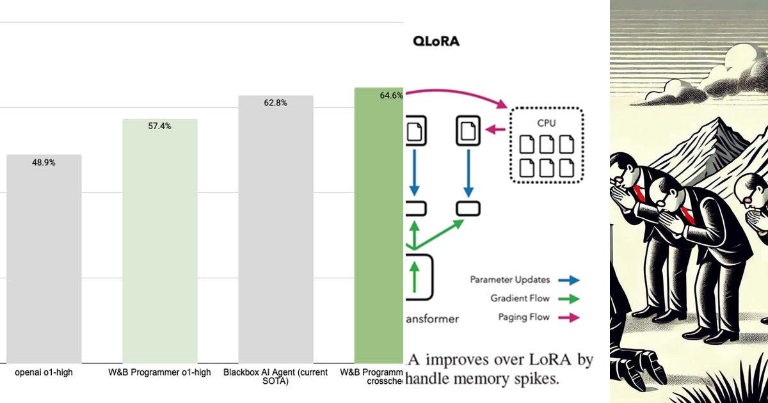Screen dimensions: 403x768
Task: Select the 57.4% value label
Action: pos(159,126)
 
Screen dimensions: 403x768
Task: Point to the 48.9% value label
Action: pos(44,162)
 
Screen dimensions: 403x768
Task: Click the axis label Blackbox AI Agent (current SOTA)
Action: pos(275,377)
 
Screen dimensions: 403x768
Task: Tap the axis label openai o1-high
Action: pos(44,372)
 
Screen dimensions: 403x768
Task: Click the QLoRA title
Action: pos(436,42)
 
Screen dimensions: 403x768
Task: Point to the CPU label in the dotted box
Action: pos(546,122)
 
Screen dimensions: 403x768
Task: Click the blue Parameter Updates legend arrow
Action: pos(568,280)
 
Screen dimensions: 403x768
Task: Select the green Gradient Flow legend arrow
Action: pos(568,299)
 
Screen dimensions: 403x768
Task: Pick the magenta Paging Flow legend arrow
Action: pos(568,317)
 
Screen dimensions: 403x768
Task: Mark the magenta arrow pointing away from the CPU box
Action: pos(495,130)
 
